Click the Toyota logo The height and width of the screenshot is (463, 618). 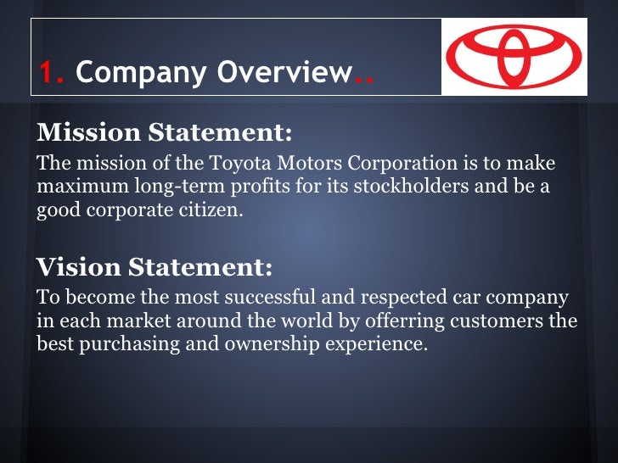(x=514, y=57)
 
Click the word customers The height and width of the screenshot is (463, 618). (x=509, y=322)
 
